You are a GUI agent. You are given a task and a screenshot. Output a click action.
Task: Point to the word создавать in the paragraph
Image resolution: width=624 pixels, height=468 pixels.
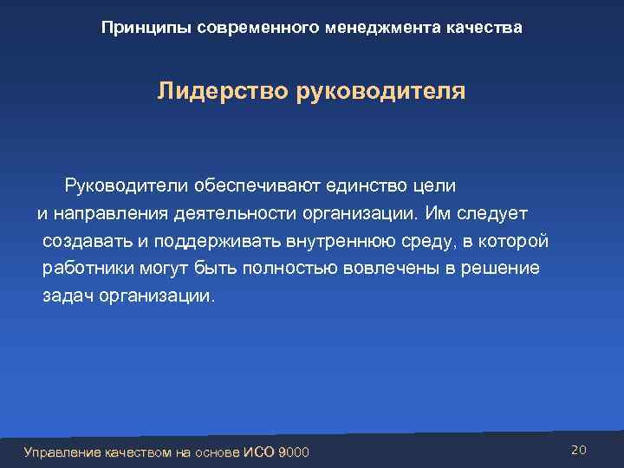coord(85,241)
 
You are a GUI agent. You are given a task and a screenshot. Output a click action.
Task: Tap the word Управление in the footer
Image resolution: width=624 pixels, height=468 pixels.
coord(63,452)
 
